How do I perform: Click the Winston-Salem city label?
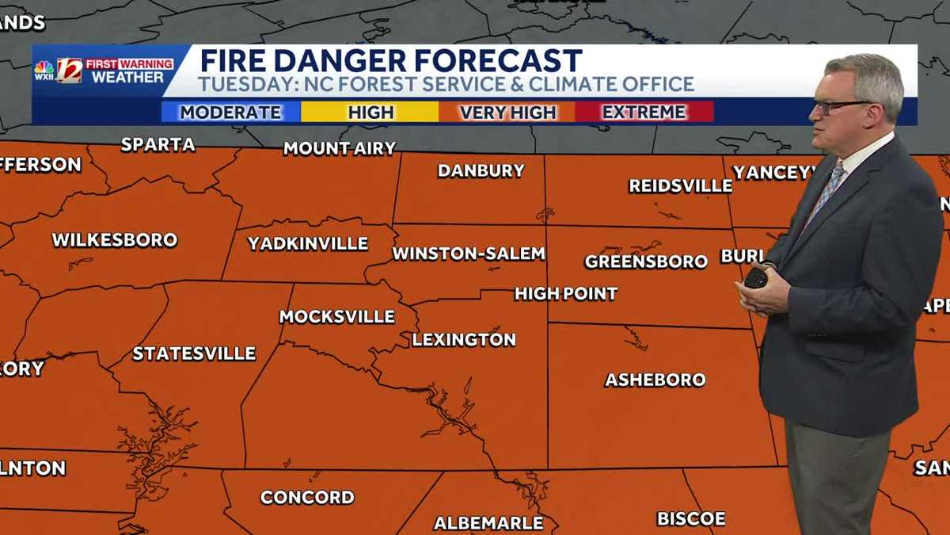469,254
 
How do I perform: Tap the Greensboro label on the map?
646,262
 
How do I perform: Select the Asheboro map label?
655,380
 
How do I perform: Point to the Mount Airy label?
340,148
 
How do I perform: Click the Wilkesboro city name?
115,239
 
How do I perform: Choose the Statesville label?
194,353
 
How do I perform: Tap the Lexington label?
464,339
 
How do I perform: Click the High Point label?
566,294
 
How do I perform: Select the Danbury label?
481,170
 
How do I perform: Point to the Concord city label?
307,497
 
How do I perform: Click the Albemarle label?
488,522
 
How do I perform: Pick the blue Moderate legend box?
230,112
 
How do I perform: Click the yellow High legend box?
370,112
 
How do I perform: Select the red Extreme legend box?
644,112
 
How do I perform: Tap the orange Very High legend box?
507,112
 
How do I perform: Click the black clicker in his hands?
756,277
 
